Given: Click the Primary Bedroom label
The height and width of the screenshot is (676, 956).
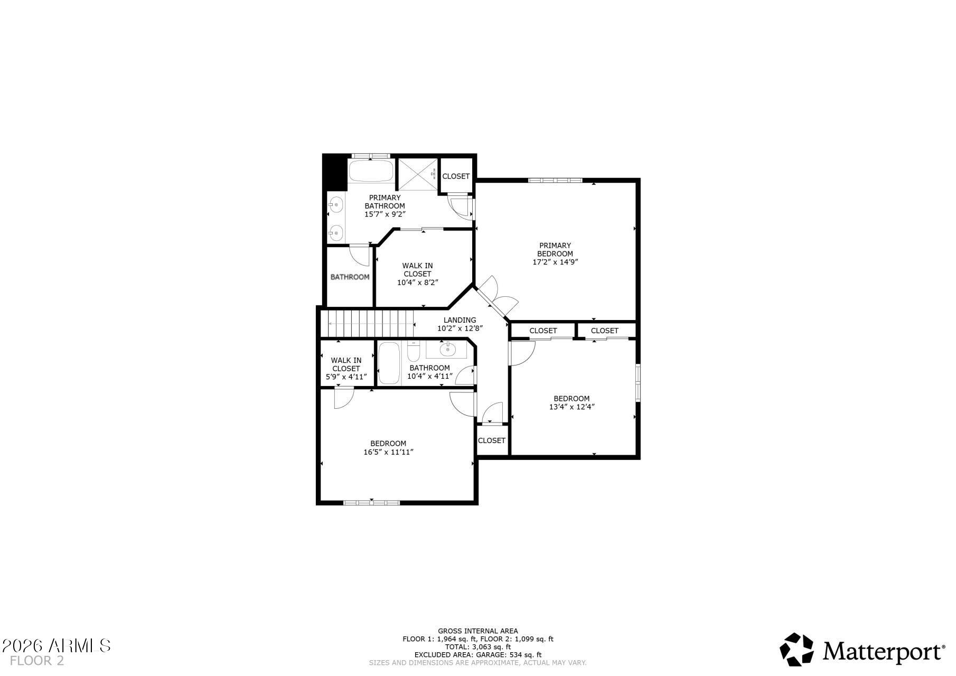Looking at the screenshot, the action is pos(555,249).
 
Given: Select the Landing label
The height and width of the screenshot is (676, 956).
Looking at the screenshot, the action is pos(460,320).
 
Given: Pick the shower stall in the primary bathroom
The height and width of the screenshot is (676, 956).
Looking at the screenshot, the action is pos(418,174).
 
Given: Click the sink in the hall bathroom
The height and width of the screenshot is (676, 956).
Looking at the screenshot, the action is pos(447,349).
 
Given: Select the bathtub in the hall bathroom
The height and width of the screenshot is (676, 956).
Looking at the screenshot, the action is pos(390,363).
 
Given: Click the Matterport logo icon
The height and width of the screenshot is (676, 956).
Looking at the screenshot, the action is pos(797,649).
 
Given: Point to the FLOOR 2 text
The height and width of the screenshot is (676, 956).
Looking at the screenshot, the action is pos(36,661).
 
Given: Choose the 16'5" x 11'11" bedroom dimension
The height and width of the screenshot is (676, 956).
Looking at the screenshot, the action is pos(388,452).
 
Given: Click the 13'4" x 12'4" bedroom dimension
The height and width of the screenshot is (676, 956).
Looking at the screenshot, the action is pos(571,407).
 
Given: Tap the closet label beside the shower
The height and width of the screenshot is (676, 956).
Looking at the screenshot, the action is pos(456,176).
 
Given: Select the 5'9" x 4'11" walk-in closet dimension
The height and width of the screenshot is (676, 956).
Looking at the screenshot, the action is pos(346,377).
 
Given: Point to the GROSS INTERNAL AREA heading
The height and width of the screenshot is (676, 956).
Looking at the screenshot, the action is pos(478,631).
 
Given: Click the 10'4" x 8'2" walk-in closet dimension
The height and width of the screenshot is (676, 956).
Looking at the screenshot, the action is pos(417,283).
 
